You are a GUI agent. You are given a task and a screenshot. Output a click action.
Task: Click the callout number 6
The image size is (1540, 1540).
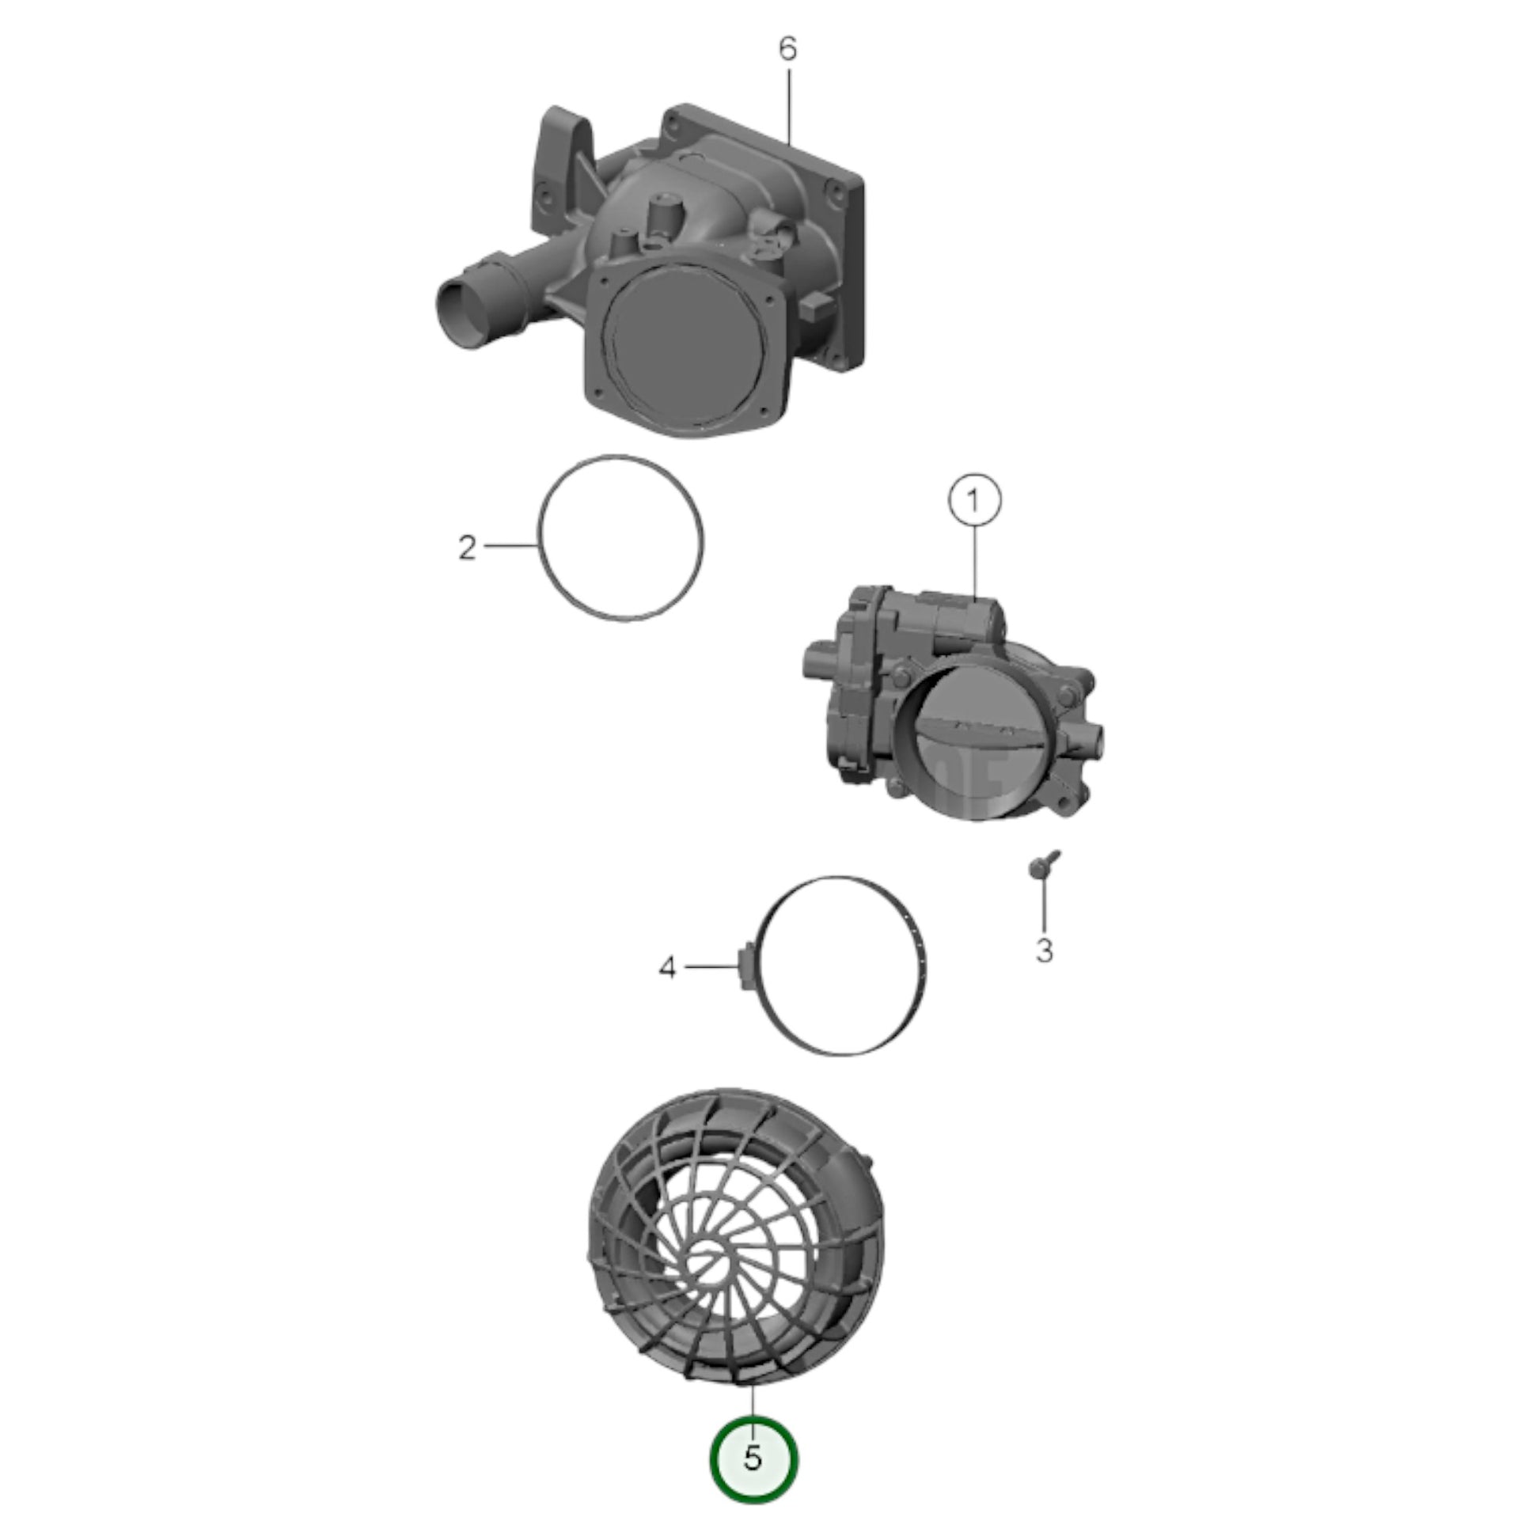click(x=787, y=49)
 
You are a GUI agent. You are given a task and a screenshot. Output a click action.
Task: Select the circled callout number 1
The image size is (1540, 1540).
click(x=973, y=501)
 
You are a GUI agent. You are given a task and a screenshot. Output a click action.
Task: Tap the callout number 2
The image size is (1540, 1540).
click(x=467, y=548)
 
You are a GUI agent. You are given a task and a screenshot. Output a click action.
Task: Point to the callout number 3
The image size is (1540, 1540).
click(x=1044, y=951)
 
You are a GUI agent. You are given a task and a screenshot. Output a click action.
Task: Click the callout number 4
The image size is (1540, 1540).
click(x=667, y=968)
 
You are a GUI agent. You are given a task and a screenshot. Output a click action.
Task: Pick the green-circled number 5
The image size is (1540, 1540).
click(x=753, y=1458)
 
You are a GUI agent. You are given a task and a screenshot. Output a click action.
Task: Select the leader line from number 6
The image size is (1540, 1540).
click(x=788, y=106)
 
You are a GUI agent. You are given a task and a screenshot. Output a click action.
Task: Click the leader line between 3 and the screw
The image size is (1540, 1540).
click(x=1043, y=905)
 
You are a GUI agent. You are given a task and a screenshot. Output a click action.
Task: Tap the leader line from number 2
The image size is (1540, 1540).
click(x=510, y=545)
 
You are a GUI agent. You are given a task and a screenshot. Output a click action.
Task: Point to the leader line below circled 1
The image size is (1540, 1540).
click(x=974, y=562)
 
